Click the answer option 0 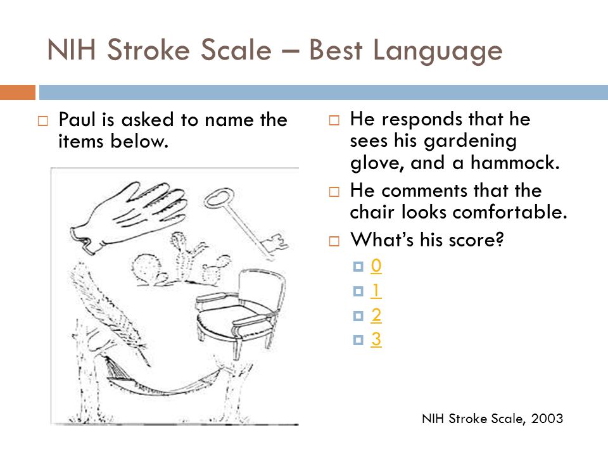376,266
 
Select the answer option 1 376,291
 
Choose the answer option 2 376,315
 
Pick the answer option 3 376,339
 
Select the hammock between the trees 163,378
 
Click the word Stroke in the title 189,50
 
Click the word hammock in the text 515,163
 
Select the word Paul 77,120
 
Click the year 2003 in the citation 547,419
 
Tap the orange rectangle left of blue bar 18,92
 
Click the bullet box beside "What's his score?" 334,241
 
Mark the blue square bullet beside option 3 358,340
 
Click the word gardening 470,142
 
